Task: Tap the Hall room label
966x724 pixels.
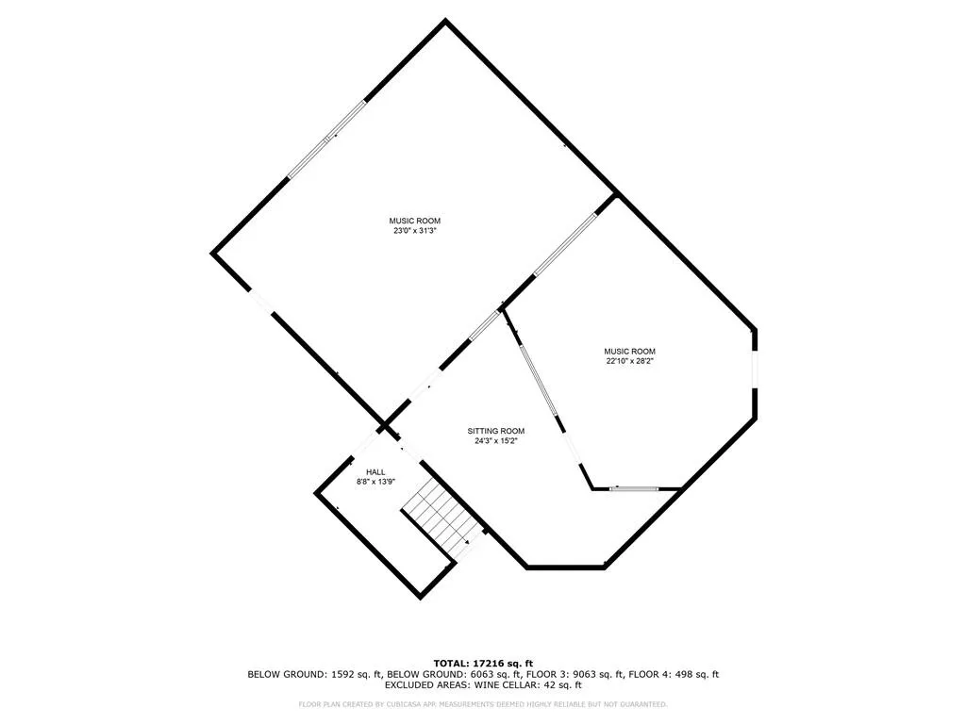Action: click(375, 472)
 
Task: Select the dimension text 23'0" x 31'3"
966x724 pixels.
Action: click(415, 231)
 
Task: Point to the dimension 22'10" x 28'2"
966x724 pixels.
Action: click(630, 361)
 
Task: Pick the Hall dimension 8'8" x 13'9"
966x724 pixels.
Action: click(375, 482)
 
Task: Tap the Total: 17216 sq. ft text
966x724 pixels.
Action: click(483, 663)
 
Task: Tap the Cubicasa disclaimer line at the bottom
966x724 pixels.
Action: click(483, 704)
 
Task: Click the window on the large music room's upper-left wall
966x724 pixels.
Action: click(326, 140)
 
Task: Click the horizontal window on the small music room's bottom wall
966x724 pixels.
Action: click(633, 488)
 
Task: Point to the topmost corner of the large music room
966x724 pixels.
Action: click(445, 22)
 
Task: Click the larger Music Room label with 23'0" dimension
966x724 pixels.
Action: click(415, 221)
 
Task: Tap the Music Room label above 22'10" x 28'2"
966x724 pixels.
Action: click(630, 352)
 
